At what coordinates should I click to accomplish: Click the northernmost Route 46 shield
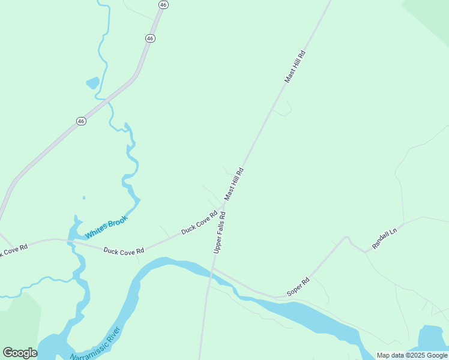pyautogui.click(x=164, y=4)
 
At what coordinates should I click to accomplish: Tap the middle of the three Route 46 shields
pyautogui.click(x=150, y=38)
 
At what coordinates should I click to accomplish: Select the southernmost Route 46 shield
pyautogui.click(x=81, y=121)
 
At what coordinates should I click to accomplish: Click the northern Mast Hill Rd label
pyautogui.click(x=295, y=67)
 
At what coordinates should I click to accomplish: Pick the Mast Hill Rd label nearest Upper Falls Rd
pyautogui.click(x=234, y=184)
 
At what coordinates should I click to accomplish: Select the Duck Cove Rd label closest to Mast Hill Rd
pyautogui.click(x=199, y=222)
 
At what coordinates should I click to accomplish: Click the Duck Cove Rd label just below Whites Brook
pyautogui.click(x=124, y=251)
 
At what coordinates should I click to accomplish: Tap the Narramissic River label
pyautogui.click(x=96, y=345)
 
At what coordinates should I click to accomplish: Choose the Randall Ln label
pyautogui.click(x=385, y=238)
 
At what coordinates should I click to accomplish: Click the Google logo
pyautogui.click(x=20, y=353)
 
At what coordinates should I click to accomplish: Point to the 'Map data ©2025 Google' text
pyautogui.click(x=412, y=355)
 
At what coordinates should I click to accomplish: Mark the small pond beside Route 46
pyautogui.click(x=92, y=83)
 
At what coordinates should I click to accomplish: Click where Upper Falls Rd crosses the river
pyautogui.click(x=211, y=272)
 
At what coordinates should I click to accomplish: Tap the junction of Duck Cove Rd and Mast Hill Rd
pyautogui.click(x=224, y=205)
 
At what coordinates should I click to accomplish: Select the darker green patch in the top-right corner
pyautogui.click(x=431, y=12)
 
